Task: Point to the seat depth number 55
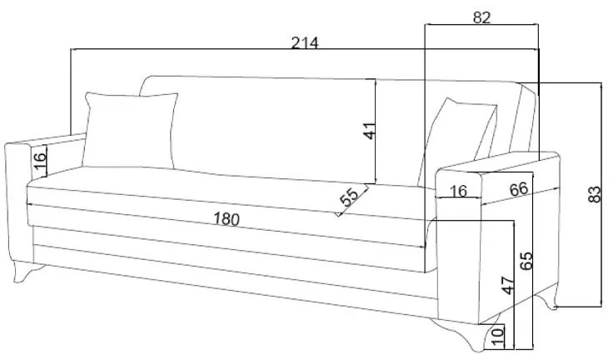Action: point(349,197)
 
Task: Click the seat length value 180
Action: point(226,219)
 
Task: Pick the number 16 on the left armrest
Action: point(38,160)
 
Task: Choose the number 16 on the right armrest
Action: point(457,191)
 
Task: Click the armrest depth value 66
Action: point(518,189)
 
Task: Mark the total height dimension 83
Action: point(594,194)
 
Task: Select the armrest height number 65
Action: point(526,260)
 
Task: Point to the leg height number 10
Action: point(498,337)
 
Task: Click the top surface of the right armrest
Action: point(500,162)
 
